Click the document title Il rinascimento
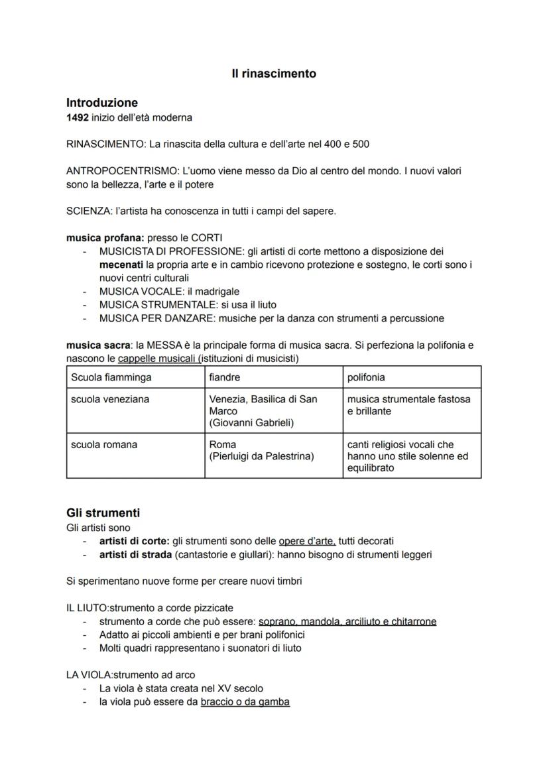click(274, 74)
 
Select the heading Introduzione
click(102, 103)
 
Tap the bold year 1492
click(77, 117)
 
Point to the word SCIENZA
click(89, 211)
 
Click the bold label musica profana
click(105, 238)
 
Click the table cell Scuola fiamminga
click(111, 377)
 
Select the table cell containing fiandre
click(225, 377)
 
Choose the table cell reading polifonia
click(366, 377)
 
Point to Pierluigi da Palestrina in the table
click(261, 456)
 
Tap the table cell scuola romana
click(104, 445)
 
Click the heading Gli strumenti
click(103, 513)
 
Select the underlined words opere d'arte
click(307, 541)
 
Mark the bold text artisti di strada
click(135, 554)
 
